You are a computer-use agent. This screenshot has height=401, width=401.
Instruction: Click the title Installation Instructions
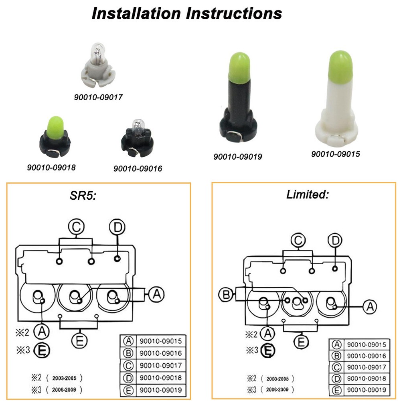pos(186,13)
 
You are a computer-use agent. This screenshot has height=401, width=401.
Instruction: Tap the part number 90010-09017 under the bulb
pos(98,97)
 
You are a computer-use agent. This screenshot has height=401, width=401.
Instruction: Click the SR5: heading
pos(82,196)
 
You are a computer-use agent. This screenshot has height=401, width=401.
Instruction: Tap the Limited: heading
pos(308,195)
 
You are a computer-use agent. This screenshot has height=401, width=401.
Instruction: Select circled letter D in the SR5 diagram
pos(117,227)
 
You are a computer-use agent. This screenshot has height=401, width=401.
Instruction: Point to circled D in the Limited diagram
pos(335,241)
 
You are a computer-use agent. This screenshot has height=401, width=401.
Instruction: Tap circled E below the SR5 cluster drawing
pos(79,340)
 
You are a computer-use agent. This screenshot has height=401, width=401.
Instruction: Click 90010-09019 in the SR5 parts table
pos(160,389)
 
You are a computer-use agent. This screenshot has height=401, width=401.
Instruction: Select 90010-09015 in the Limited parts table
pos(366,344)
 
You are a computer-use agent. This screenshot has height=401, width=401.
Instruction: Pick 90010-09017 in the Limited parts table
pos(366,367)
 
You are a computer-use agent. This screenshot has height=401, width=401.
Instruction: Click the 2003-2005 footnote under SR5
pos(64,377)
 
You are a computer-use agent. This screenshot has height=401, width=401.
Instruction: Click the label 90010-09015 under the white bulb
pos(336,154)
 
